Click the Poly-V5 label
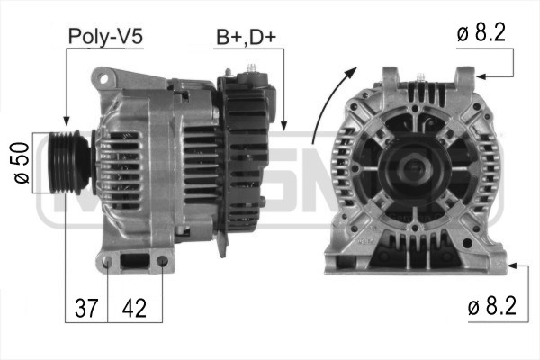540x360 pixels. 105,37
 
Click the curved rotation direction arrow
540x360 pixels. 328,103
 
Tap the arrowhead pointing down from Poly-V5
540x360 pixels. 66,121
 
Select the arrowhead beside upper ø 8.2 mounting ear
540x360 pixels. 482,76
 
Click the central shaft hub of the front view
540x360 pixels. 415,166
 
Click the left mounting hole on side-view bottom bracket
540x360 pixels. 108,263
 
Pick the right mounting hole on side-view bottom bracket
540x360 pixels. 161,263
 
